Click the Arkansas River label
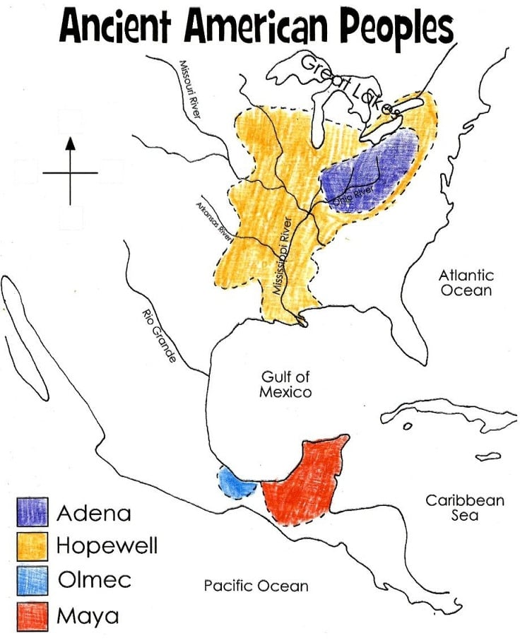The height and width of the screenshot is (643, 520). [x=215, y=219]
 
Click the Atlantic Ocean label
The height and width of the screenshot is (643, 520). [x=466, y=283]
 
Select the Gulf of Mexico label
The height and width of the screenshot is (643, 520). [x=285, y=384]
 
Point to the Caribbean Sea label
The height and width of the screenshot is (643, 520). [x=464, y=507]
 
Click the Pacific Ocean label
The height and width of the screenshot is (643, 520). [x=256, y=585]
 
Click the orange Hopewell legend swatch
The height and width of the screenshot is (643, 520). [x=32, y=546]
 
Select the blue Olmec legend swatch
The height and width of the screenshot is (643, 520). [x=32, y=580]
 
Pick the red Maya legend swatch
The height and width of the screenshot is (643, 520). [x=32, y=615]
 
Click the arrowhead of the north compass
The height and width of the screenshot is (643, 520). [x=69, y=144]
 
